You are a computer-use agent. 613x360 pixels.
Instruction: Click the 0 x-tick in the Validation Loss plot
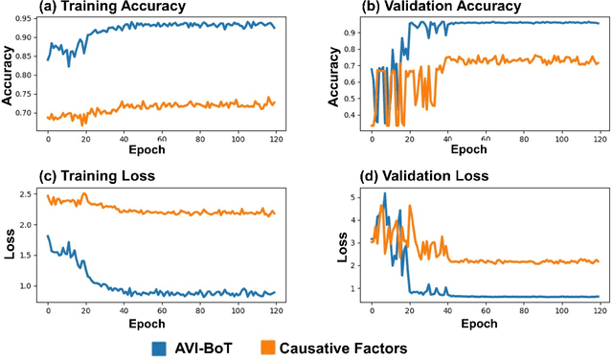(372, 308)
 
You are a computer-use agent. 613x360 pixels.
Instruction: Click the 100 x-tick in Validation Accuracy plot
(560, 139)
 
